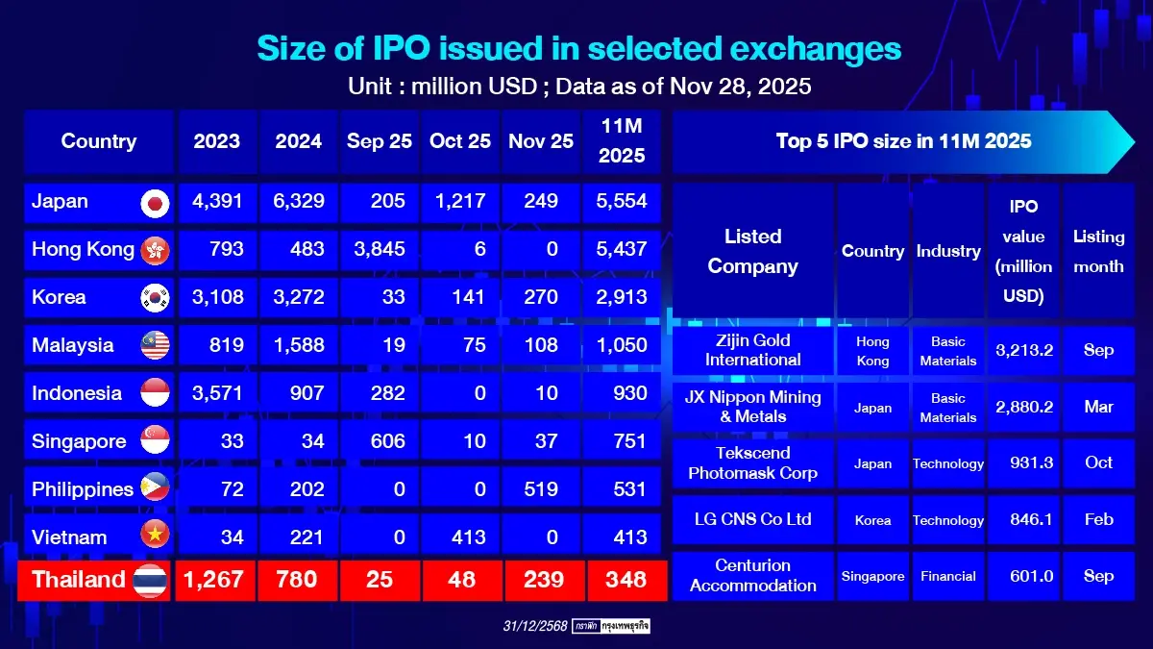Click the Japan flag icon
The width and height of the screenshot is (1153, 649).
click(155, 202)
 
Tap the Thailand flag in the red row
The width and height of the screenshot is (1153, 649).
click(151, 581)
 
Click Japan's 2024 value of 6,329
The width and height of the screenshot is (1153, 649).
click(299, 202)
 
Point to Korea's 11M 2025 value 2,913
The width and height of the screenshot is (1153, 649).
click(622, 298)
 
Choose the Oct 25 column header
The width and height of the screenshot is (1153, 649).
click(460, 141)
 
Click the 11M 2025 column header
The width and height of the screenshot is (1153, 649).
click(622, 141)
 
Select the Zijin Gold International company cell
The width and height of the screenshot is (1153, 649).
click(753, 350)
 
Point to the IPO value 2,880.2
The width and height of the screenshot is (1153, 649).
click(1024, 407)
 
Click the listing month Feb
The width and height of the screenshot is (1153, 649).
click(1098, 519)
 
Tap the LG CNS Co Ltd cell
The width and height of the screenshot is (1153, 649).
click(753, 519)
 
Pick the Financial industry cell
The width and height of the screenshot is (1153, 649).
click(948, 576)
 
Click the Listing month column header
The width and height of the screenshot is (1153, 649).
click(1098, 251)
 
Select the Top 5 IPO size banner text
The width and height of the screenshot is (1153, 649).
click(903, 141)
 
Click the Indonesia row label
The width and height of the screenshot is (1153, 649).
click(77, 393)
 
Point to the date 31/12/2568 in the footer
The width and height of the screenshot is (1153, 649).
click(535, 626)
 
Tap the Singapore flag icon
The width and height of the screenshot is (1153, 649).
click(155, 441)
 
